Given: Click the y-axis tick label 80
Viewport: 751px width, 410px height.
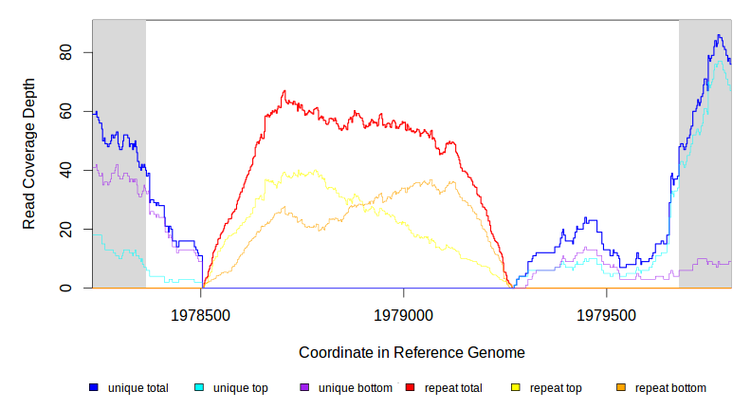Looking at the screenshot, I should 65,53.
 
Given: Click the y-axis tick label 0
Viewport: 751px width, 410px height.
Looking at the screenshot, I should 65,289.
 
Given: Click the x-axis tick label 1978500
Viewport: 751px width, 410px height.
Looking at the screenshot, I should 201,313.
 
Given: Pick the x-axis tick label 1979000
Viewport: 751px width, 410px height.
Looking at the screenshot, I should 404,313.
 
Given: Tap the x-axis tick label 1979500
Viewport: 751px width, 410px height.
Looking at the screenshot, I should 607,313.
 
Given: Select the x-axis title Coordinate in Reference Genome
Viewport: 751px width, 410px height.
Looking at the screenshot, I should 412,352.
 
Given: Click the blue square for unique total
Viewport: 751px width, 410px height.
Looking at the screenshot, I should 94,388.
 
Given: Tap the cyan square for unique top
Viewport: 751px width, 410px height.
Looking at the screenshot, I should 199,388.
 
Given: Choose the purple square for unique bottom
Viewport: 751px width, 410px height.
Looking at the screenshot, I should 304,388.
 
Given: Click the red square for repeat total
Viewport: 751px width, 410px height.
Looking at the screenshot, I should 410,388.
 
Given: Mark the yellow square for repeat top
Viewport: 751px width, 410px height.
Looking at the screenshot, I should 516,388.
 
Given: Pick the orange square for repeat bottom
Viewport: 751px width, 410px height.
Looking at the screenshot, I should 621,388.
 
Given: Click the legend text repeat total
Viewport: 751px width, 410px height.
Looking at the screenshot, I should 453,388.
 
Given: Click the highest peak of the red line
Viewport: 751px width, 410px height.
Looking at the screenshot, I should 284,91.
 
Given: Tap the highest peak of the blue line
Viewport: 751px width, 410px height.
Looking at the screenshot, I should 719,36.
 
